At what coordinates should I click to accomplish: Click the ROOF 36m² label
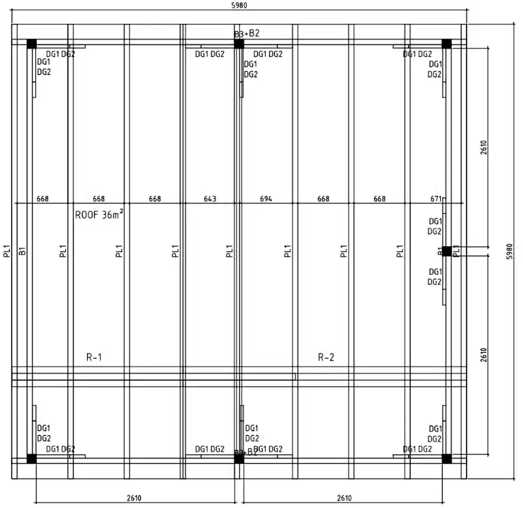click(99, 216)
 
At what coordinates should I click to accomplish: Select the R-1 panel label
click(95, 357)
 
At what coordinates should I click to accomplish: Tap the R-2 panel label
click(326, 357)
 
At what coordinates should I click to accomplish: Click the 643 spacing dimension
click(211, 199)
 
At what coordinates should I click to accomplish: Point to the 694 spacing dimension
click(267, 199)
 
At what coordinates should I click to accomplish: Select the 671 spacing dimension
click(436, 199)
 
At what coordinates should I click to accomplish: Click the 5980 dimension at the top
click(240, 5)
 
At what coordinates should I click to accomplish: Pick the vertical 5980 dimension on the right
click(510, 250)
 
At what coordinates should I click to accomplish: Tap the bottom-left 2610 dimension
click(134, 498)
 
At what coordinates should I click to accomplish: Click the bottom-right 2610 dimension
click(344, 498)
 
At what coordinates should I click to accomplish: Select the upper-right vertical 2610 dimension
click(484, 148)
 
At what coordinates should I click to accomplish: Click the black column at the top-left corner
click(31, 44)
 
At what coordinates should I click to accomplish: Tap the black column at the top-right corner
click(447, 44)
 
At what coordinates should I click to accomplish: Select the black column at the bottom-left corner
click(31, 458)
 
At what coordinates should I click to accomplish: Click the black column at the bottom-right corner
click(447, 458)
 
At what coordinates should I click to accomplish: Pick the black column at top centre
click(239, 44)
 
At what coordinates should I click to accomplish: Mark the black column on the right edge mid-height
click(447, 251)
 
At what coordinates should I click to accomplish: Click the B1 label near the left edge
click(22, 251)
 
